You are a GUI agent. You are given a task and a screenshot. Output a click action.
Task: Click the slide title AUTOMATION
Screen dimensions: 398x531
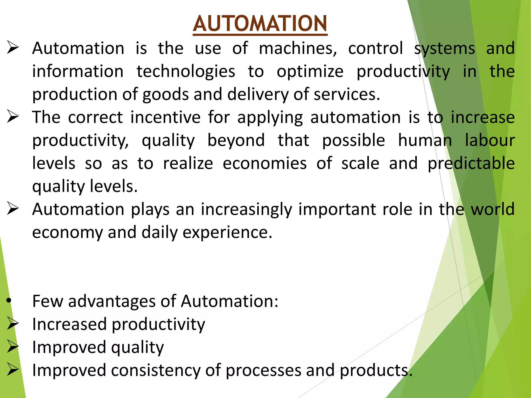(x=260, y=24)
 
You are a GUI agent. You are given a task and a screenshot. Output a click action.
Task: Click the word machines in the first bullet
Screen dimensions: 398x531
(x=298, y=48)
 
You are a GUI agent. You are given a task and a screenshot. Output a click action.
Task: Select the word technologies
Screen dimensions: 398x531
(x=186, y=72)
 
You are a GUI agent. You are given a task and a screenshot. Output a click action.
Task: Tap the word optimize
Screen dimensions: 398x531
(x=310, y=72)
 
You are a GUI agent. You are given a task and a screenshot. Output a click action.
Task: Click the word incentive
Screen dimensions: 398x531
(x=165, y=117)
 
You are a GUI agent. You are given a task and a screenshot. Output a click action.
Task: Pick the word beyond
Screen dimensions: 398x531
(x=236, y=140)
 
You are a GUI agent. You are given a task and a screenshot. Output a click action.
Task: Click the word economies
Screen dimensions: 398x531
(x=265, y=164)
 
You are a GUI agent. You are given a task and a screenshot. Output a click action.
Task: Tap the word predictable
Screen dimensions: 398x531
(x=471, y=164)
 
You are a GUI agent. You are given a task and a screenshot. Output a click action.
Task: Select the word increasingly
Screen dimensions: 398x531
(x=246, y=209)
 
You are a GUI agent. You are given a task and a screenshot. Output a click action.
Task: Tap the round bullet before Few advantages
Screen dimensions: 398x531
(x=9, y=301)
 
